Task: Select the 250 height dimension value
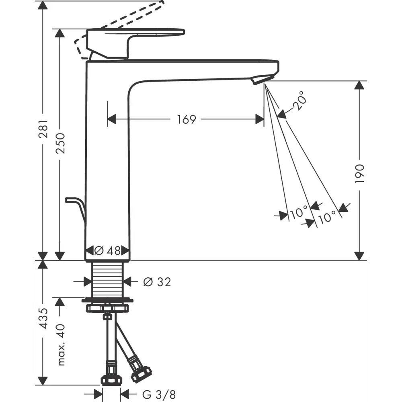coord(61,144)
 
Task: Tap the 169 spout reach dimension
coord(187,119)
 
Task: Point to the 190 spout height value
coord(359,174)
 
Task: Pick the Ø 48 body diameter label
coord(107,250)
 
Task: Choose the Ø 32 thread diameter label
coord(157,282)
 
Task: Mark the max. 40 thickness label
coord(61,345)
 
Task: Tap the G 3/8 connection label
coord(159,394)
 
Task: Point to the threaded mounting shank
coord(107,279)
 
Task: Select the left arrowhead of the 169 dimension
coord(112,119)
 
